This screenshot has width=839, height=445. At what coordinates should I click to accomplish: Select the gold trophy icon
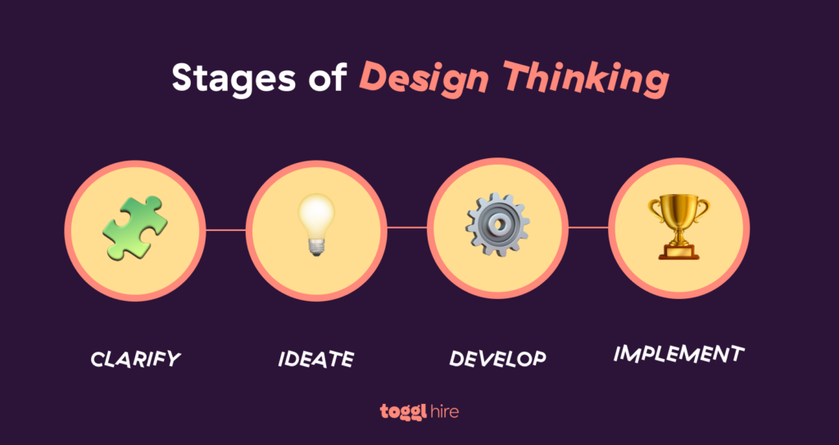[679, 226]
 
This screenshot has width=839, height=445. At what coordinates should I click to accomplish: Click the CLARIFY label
[135, 359]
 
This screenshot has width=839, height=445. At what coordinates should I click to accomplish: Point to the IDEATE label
[316, 359]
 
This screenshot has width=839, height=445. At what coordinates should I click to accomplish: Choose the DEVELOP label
[497, 359]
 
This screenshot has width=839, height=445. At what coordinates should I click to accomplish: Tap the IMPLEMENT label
[679, 354]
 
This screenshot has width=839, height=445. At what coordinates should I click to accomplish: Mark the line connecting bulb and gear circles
[407, 227]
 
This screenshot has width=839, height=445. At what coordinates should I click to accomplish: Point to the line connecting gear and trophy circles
[588, 227]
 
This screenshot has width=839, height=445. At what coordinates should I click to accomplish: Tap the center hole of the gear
[497, 225]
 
